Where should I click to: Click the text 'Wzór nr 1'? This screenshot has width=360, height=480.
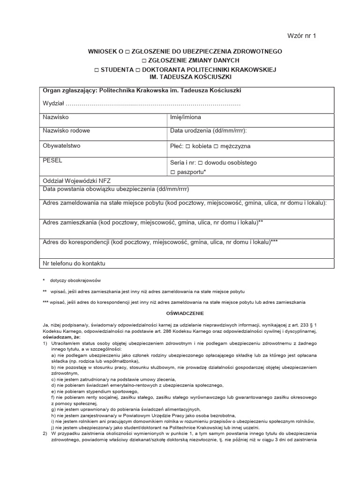pyautogui.click(x=302, y=36)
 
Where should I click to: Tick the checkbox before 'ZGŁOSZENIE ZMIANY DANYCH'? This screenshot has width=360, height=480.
pyautogui.click(x=144, y=60)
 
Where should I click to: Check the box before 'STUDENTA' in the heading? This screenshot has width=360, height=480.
pyautogui.click(x=97, y=69)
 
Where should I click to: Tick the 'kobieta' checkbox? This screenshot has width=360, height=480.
pyautogui.click(x=187, y=146)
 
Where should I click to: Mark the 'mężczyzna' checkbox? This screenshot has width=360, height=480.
pyautogui.click(x=216, y=146)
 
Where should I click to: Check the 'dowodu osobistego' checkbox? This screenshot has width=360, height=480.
pyautogui.click(x=200, y=163)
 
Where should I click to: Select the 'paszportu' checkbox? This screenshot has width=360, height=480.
pyautogui.click(x=173, y=172)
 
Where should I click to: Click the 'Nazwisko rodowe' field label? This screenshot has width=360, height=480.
pyautogui.click(x=66, y=131)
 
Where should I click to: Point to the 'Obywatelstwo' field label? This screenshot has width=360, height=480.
pyautogui.click(x=61, y=146)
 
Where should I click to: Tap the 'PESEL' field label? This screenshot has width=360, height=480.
pyautogui.click(x=52, y=160)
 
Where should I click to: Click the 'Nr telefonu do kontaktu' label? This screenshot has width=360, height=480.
pyautogui.click(x=74, y=263)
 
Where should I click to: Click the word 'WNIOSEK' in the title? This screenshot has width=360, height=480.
pyautogui.click(x=103, y=51)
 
